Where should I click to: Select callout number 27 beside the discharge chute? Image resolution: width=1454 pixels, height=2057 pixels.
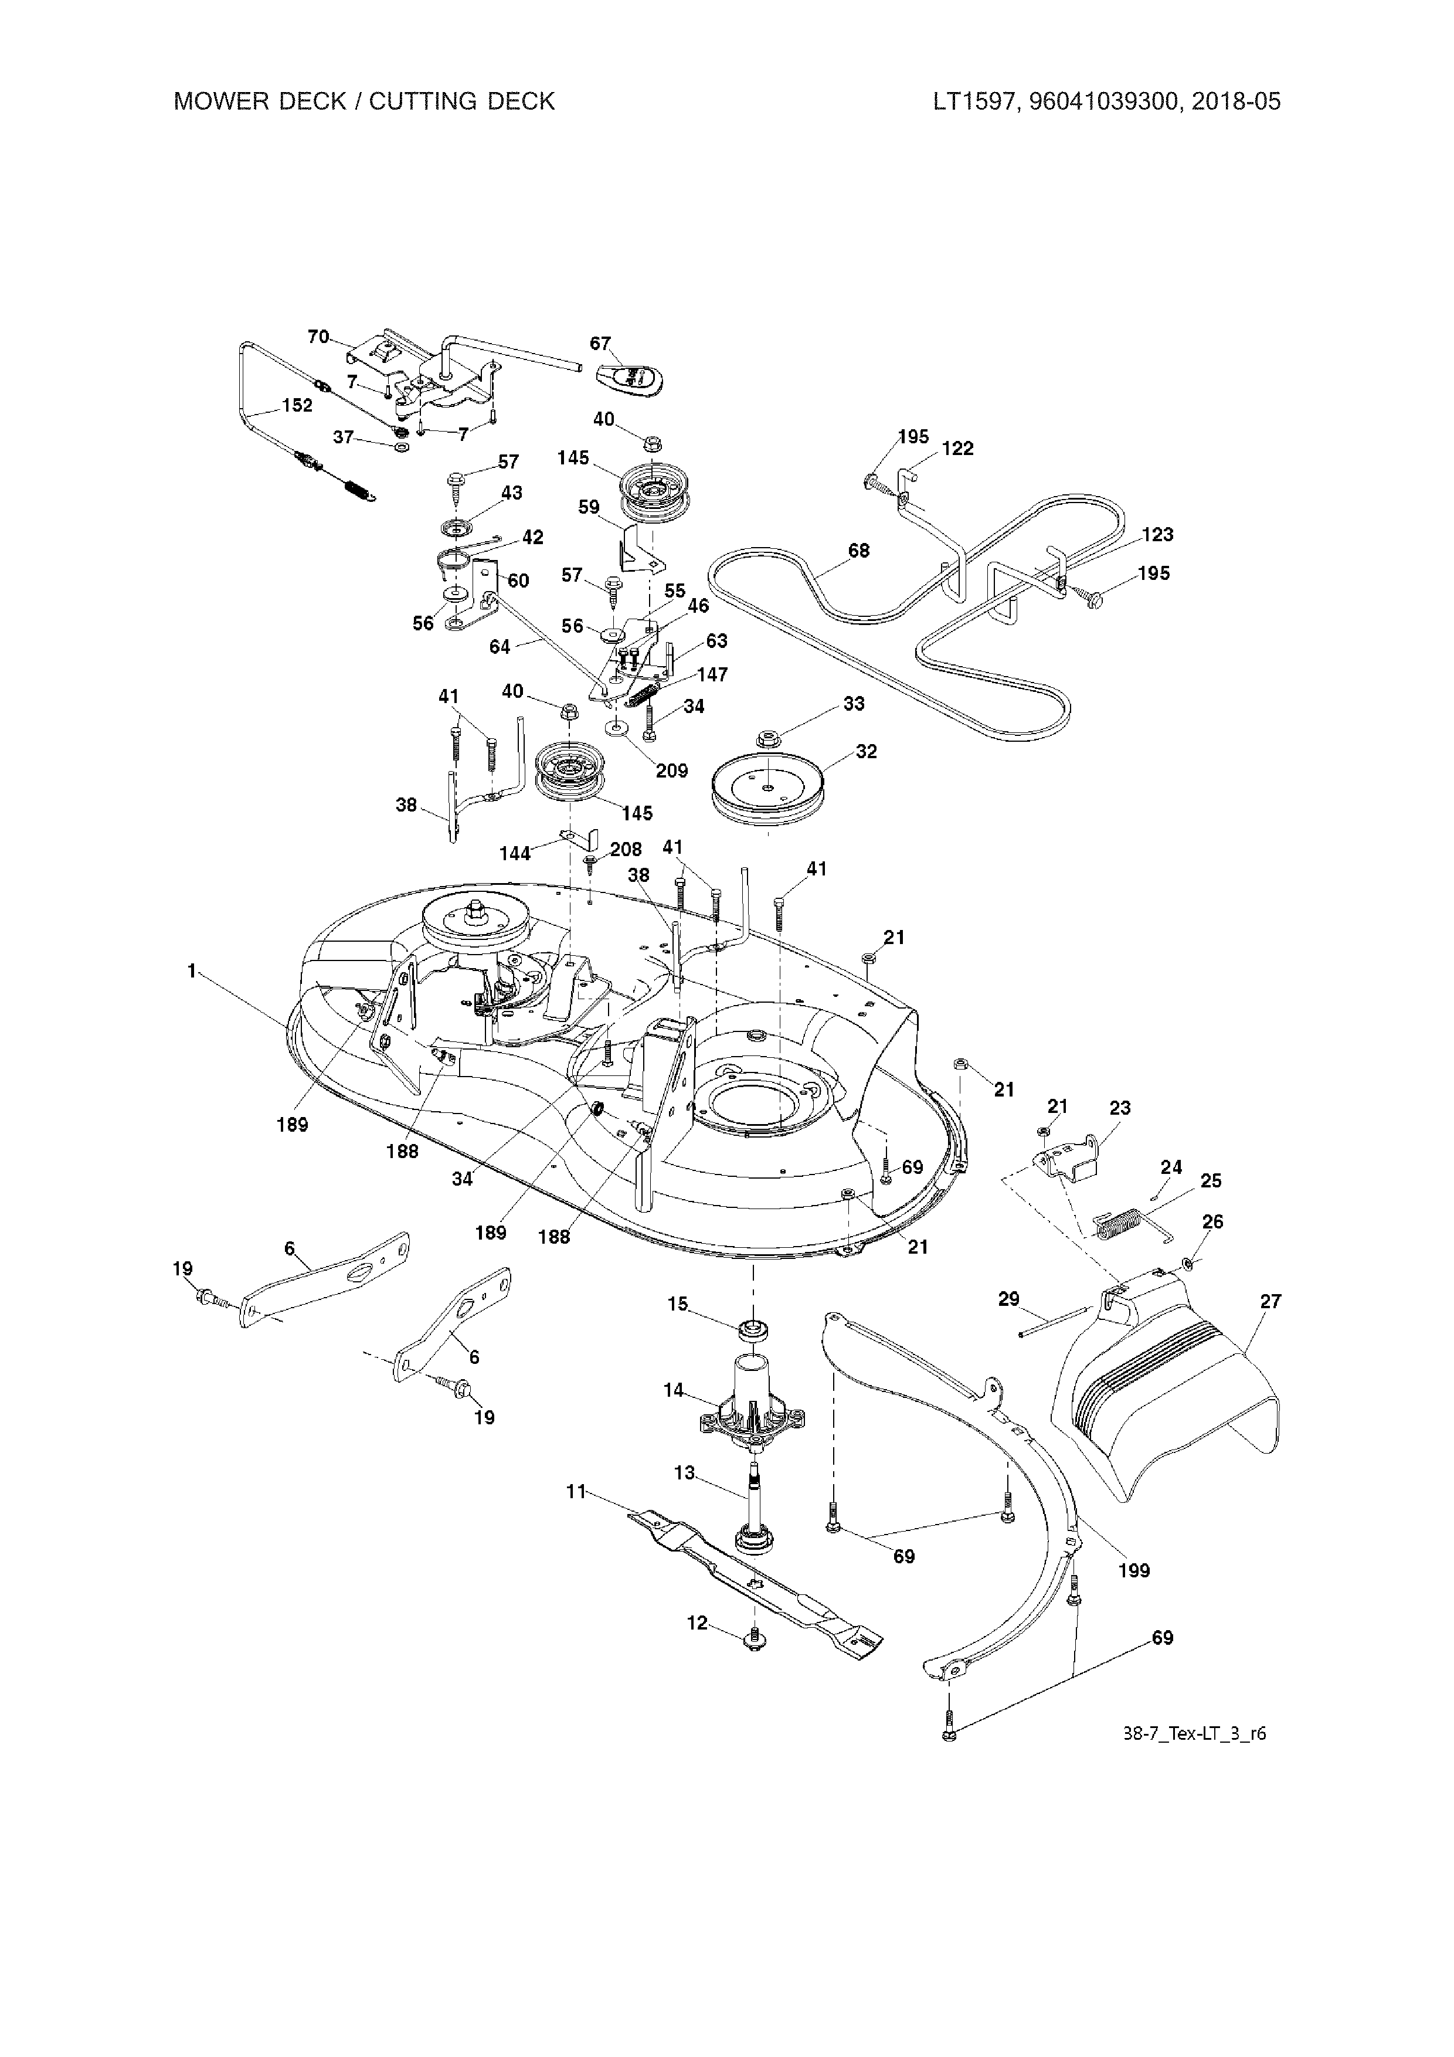(1270, 1301)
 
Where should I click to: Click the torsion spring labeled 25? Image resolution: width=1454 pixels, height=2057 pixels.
(1120, 1224)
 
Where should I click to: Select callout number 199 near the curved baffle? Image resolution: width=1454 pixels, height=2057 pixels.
(1133, 1570)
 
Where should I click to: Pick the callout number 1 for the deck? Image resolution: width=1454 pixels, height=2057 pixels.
(191, 970)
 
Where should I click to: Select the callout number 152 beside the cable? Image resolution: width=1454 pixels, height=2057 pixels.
(297, 405)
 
